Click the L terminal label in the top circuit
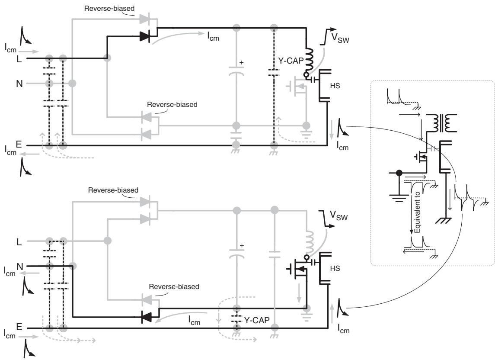pyautogui.click(x=19, y=59)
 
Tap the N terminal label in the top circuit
pyautogui.click(x=19, y=84)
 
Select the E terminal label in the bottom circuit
pyautogui.click(x=19, y=327)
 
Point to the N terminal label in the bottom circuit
pyautogui.click(x=20, y=267)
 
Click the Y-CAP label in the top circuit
pyautogui.click(x=291, y=61)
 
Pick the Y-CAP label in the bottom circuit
pyautogui.click(x=257, y=320)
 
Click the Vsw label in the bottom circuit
pyautogui.click(x=339, y=216)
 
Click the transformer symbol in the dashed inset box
pyautogui.click(x=441, y=123)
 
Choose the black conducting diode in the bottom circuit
pyautogui.click(x=147, y=317)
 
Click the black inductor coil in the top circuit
pyautogui.click(x=309, y=60)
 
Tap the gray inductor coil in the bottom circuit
pyautogui.click(x=310, y=242)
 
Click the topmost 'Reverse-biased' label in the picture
pyautogui.click(x=109, y=9)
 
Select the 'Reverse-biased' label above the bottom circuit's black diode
pyautogui.click(x=174, y=287)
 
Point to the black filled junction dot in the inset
pyautogui.click(x=399, y=173)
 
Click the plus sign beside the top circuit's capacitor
pyautogui.click(x=242, y=63)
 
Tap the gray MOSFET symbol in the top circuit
pyautogui.click(x=297, y=86)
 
